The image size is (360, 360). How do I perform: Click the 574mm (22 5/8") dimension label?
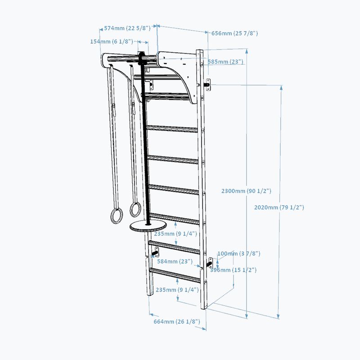[x=127, y=28]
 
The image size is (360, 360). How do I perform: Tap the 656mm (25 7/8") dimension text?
[x=234, y=33]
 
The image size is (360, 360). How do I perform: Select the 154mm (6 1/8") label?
[x=112, y=41]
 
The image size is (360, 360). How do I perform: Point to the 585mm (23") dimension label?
[x=225, y=62]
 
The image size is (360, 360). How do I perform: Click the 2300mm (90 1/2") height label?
[x=246, y=191]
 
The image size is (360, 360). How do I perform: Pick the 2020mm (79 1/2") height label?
[x=279, y=207]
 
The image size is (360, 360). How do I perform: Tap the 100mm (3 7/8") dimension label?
[x=239, y=253]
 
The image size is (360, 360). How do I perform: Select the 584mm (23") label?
[x=175, y=261]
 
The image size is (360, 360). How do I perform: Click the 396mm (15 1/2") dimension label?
[x=233, y=270]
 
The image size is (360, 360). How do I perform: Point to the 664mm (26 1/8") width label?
[x=177, y=321]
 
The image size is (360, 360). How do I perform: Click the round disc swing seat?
[x=148, y=226]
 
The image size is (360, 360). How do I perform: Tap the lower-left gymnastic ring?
[x=117, y=216]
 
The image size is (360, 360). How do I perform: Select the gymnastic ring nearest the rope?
[x=135, y=209]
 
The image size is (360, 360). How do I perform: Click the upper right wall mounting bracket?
[x=208, y=85]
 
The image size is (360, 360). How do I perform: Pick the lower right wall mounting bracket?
[x=210, y=263]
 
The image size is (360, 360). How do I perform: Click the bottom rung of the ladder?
[x=175, y=274]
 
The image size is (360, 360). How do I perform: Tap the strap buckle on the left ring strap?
[x=113, y=110]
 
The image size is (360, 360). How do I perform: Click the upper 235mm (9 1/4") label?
[x=175, y=234]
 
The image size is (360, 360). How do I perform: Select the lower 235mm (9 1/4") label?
[x=177, y=290]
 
